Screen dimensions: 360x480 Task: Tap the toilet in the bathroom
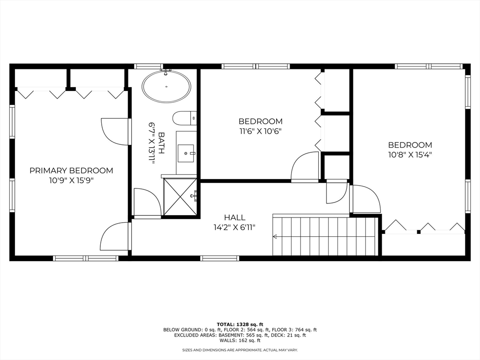click(184, 118)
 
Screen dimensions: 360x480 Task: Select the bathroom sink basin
click(187, 152)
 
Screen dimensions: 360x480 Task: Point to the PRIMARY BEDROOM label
click(71, 171)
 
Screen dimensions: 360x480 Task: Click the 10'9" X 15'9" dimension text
click(71, 180)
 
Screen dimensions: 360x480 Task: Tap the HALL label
click(234, 217)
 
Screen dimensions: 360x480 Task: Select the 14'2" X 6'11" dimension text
click(234, 227)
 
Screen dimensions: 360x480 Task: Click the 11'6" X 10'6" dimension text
click(261, 131)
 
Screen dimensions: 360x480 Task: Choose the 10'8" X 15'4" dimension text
click(410, 155)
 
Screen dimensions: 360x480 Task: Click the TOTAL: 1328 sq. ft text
click(240, 324)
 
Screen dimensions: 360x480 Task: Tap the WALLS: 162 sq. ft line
click(240, 341)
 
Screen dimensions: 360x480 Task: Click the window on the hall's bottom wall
click(219, 258)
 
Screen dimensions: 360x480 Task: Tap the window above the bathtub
click(148, 66)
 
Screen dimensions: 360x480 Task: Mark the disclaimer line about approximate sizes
click(240, 350)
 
